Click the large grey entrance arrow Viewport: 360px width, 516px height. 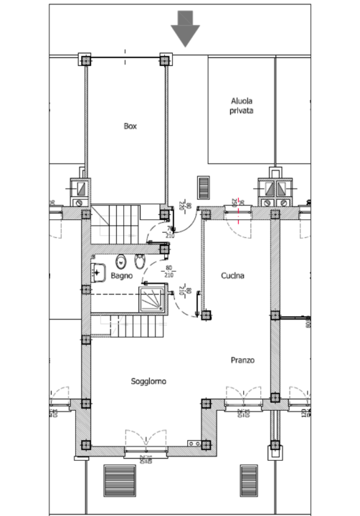coord(185,29)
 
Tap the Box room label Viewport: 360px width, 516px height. coord(130,126)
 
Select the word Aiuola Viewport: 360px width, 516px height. coord(242,101)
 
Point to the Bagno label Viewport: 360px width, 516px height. coord(122,274)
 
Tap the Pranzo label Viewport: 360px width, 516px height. coord(243,360)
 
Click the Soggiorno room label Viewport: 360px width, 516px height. coord(148,382)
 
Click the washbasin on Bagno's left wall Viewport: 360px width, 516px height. coord(98,272)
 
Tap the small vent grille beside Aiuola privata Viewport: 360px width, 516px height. coord(204,188)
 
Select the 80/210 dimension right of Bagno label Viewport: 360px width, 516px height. coord(171,272)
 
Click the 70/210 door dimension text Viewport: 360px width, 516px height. coord(171,232)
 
